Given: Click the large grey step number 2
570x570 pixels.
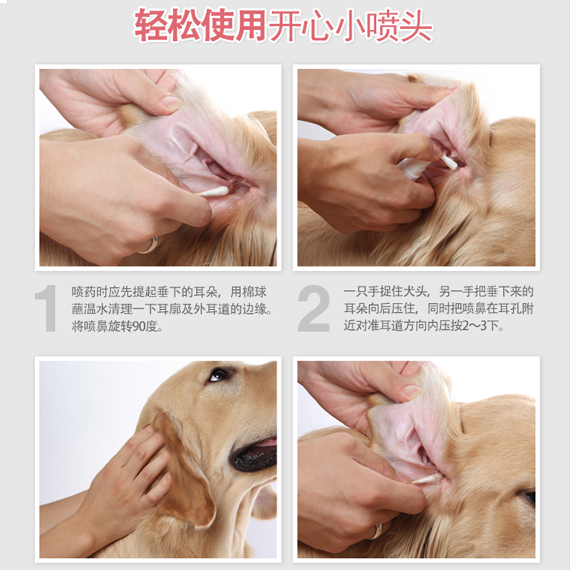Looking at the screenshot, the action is tap(313, 309).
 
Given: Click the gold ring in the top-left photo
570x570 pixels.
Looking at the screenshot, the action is tap(150, 246).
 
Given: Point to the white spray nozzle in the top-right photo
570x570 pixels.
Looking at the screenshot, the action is tap(448, 162).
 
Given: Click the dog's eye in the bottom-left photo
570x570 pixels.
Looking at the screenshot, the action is tap(219, 375).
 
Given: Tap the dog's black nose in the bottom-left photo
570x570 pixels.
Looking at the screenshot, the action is tap(255, 457).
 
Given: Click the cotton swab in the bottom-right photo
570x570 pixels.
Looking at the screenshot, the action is tap(426, 479).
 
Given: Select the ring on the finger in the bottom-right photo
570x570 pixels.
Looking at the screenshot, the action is tap(376, 532).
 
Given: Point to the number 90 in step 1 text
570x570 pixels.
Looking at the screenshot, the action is tap(140, 326).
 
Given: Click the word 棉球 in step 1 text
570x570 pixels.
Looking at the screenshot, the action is tap(254, 292).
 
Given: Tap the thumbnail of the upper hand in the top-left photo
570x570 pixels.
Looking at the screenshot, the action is tap(172, 103).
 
